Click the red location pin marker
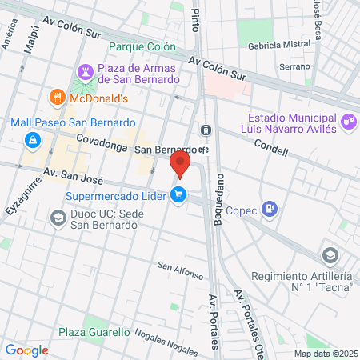point(180,166)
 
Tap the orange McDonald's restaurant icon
point(57,98)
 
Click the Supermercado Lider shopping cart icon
point(179,195)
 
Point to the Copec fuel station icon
point(270,210)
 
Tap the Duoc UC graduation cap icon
point(58,218)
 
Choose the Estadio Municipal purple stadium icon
point(348,122)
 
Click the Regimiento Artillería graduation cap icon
point(329,255)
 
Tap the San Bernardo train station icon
point(206,130)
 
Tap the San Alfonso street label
point(180,270)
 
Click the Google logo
point(26,350)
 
